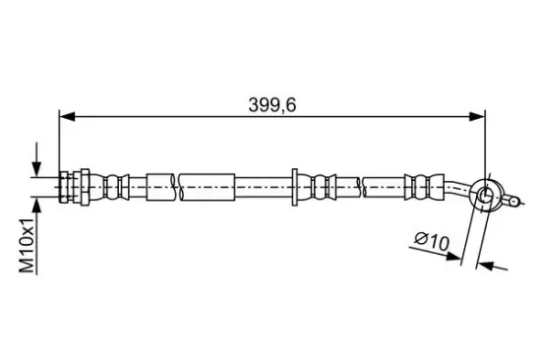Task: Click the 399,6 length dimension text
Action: (x=272, y=105)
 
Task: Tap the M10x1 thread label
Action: (x=28, y=245)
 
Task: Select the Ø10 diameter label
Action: (x=432, y=241)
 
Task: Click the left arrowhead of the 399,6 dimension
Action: (x=67, y=117)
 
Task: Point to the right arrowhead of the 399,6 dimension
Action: (x=477, y=117)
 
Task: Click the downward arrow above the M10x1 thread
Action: (x=36, y=159)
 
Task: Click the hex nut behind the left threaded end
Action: (x=86, y=187)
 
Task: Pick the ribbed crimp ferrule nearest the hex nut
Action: (x=111, y=187)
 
